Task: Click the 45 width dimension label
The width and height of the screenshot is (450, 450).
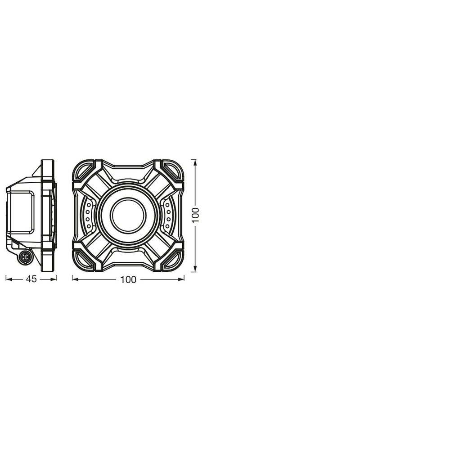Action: [x=31, y=279]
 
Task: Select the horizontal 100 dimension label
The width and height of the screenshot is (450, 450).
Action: [x=128, y=279]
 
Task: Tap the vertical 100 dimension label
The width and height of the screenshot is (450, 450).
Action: [x=195, y=215]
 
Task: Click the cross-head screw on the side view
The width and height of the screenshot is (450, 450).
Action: [x=25, y=257]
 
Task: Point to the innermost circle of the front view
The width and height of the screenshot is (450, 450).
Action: [x=128, y=216]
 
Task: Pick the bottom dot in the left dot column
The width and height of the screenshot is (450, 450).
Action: [x=89, y=226]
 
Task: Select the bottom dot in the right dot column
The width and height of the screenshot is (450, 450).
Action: [x=168, y=226]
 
